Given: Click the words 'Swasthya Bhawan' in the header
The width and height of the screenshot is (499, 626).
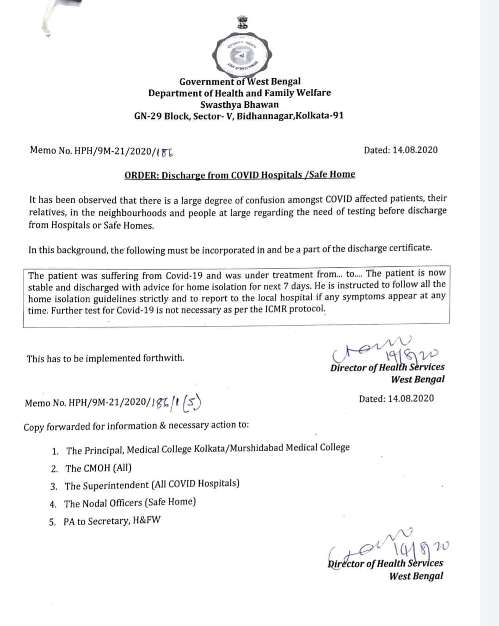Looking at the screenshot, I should [239, 104].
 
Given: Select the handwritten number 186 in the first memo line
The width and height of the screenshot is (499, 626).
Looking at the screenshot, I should [166, 151].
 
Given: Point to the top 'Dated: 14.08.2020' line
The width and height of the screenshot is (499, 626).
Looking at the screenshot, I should [400, 150].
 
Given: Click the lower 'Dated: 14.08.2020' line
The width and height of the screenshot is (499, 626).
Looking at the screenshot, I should [396, 399].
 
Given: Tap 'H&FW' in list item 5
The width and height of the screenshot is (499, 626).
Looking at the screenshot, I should [146, 521].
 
